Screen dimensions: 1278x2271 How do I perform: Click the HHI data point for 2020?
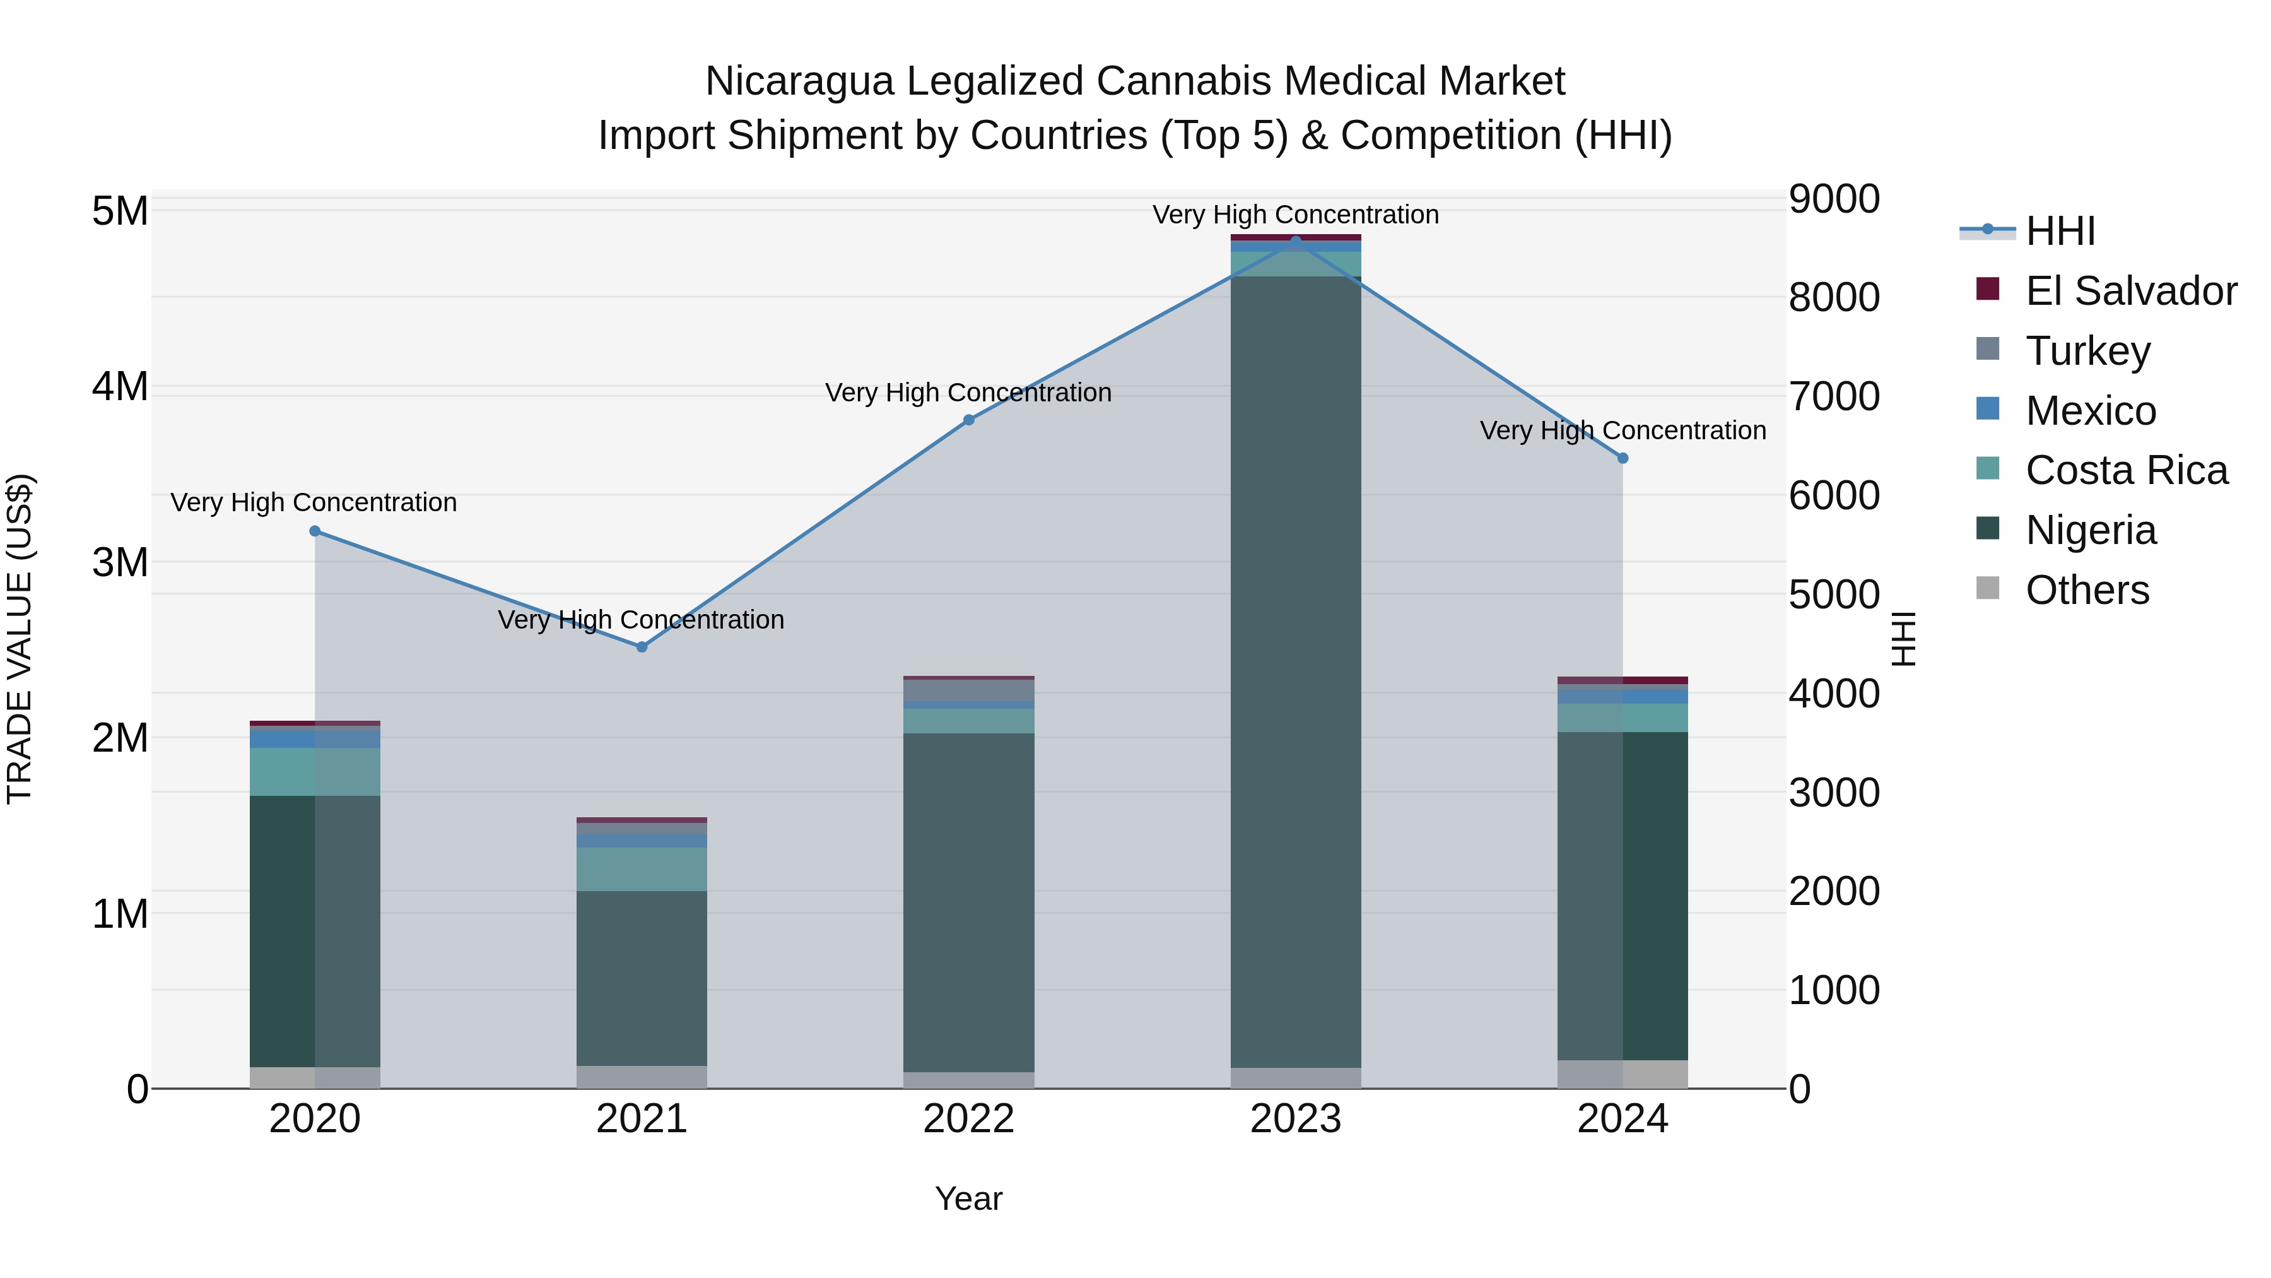[x=315, y=531]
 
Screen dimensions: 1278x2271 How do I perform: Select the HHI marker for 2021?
[x=642, y=648]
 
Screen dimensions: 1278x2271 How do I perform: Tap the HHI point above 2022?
[x=969, y=420]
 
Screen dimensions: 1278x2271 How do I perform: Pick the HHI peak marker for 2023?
[x=1296, y=241]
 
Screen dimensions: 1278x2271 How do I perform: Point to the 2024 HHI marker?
[x=1623, y=459]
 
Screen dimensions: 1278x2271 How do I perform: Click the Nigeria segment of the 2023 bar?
[x=1296, y=670]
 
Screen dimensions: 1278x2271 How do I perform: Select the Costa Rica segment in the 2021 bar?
[x=642, y=869]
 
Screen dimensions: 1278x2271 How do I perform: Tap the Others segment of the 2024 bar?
[x=1623, y=1074]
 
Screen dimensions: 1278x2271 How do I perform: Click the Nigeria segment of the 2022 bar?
[x=969, y=899]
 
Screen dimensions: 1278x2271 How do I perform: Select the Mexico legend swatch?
[x=1988, y=409]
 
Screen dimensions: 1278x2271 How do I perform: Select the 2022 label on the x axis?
[x=969, y=1119]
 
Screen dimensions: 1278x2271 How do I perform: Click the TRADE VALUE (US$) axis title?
[x=20, y=639]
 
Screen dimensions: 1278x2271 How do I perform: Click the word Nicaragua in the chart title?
[x=801, y=81]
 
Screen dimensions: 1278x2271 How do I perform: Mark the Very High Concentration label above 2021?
[x=641, y=620]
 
